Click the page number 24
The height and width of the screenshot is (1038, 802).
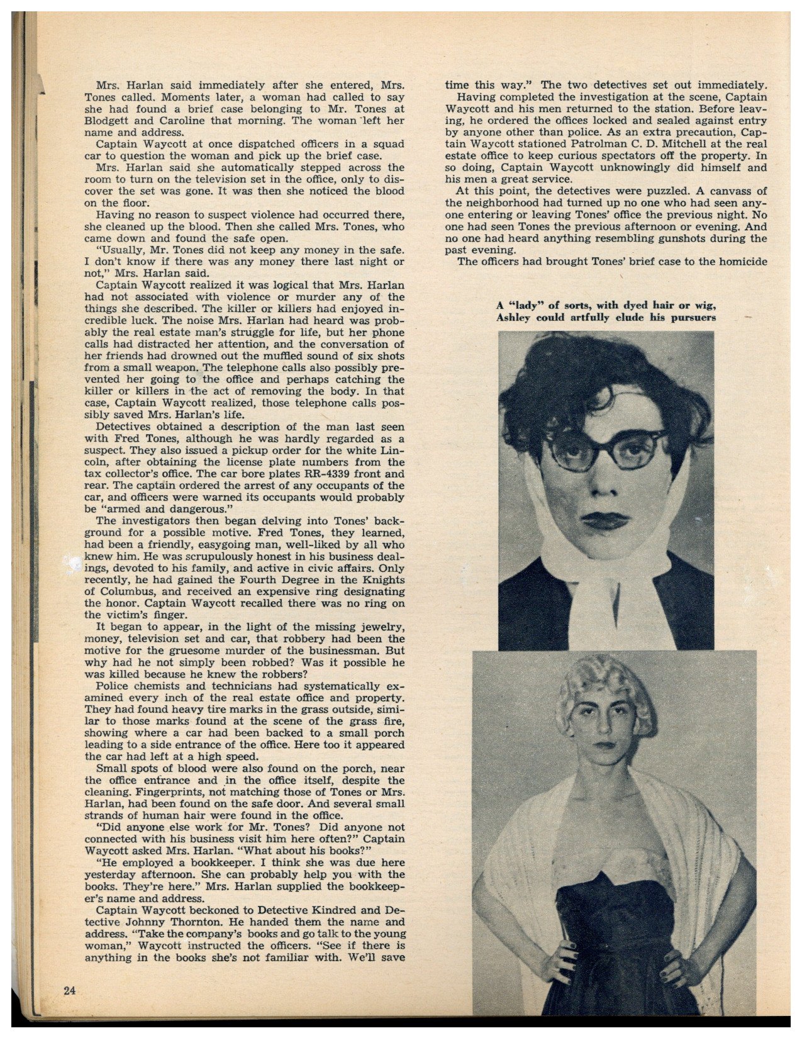pyautogui.click(x=69, y=991)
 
